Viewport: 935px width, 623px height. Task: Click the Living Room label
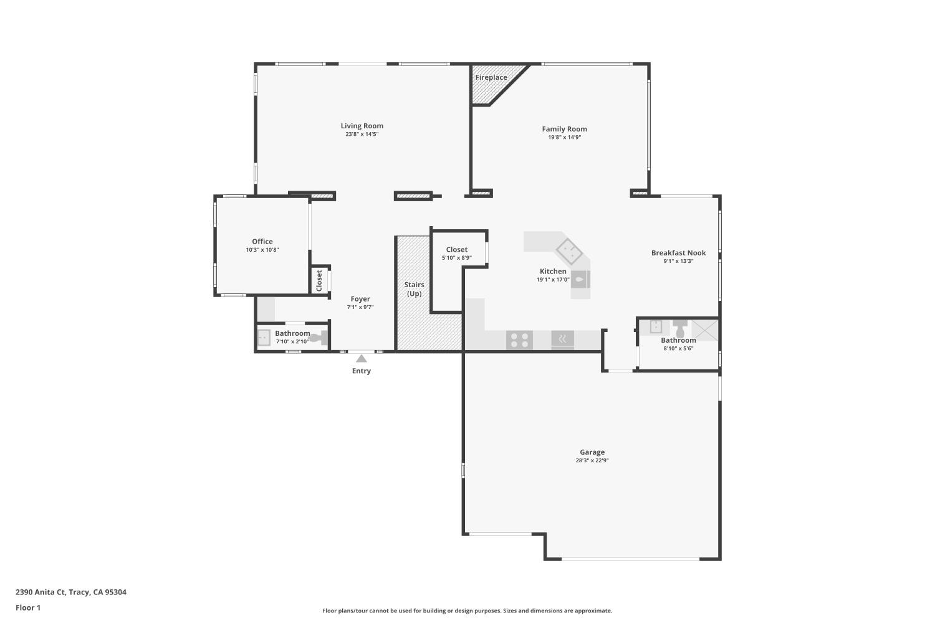click(362, 126)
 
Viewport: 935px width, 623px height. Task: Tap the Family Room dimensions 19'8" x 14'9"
click(564, 138)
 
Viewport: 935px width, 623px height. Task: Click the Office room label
click(262, 242)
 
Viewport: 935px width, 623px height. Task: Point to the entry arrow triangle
click(362, 358)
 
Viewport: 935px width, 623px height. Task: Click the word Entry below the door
click(362, 371)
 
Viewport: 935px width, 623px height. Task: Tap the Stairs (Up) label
click(414, 289)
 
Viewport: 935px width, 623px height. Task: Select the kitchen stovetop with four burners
click(519, 340)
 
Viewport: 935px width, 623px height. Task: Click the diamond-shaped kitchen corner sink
click(569, 252)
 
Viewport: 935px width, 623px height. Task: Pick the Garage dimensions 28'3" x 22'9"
click(592, 461)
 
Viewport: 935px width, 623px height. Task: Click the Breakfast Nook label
click(678, 253)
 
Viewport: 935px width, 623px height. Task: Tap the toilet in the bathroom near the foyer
click(319, 338)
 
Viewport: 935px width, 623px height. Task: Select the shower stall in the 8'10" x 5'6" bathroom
click(705, 329)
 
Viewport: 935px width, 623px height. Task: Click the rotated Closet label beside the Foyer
click(319, 280)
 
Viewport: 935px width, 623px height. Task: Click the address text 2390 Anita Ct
click(70, 592)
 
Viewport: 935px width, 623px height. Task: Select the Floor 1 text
click(28, 608)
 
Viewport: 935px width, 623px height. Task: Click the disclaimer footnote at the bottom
click(467, 611)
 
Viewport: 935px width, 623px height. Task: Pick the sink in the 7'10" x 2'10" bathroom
click(264, 337)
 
